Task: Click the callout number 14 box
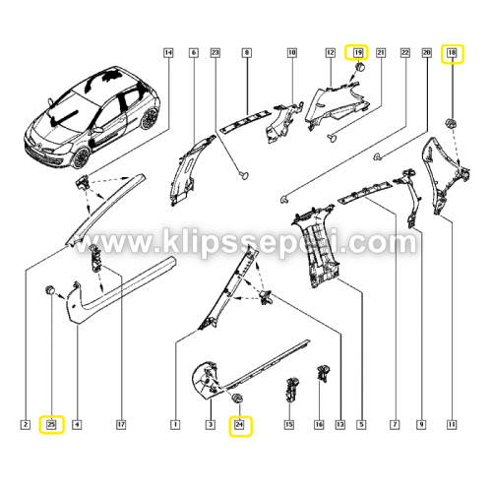[x=168, y=52]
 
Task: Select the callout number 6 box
[x=194, y=52]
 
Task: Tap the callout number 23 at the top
[x=215, y=52]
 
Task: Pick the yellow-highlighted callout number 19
[x=356, y=52]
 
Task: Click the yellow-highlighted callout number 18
[x=453, y=53]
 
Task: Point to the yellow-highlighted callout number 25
[x=51, y=424]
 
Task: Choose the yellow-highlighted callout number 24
[x=240, y=426]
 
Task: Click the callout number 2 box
[x=26, y=424]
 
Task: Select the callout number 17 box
[x=121, y=424]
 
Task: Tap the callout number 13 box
[x=340, y=424]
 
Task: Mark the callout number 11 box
[x=452, y=424]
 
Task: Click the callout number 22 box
[x=405, y=52]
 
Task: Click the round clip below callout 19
[x=361, y=68]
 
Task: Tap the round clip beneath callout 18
[x=450, y=123]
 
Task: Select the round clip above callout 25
[x=50, y=290]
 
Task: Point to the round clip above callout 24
[x=237, y=398]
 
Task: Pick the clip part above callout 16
[x=323, y=374]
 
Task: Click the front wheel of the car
[x=81, y=158]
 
